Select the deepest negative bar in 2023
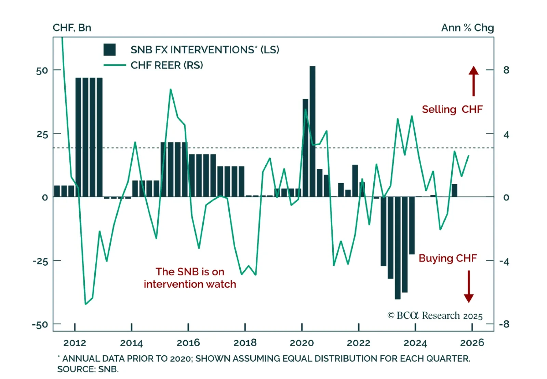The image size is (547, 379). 398,248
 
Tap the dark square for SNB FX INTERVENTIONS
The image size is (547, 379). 109,50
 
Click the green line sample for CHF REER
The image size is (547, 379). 115,65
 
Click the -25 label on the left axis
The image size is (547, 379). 40,261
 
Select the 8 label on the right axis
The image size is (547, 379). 506,70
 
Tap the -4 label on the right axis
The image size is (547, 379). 504,262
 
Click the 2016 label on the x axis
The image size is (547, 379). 188,343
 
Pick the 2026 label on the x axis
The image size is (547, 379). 472,343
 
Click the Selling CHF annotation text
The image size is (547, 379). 452,109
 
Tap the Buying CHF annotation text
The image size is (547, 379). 448,258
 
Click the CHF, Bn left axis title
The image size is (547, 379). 72,28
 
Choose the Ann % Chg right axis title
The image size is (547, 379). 467,28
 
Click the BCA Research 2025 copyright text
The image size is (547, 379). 435,315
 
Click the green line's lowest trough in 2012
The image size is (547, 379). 85,304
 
